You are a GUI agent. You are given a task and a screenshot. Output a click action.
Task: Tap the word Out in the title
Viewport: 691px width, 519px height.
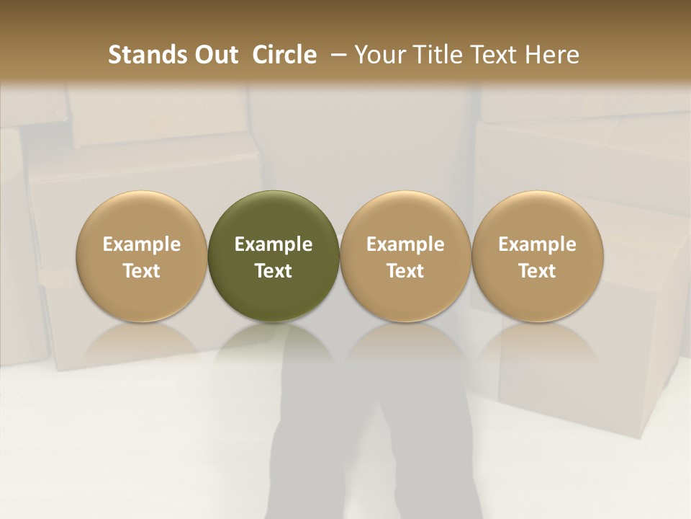(215, 55)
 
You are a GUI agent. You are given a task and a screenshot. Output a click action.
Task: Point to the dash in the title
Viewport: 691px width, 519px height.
(336, 55)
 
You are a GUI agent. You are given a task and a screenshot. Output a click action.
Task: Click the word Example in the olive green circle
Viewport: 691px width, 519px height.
(274, 244)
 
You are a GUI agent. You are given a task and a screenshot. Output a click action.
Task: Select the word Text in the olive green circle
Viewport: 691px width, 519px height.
(274, 271)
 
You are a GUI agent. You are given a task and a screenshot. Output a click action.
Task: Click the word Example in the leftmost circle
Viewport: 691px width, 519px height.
(142, 244)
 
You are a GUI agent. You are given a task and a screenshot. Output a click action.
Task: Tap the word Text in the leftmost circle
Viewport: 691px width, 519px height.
(142, 271)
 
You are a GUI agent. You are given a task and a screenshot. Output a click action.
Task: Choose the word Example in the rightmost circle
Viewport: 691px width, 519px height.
(538, 244)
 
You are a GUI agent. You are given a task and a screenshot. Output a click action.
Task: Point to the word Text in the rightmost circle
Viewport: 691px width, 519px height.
(538, 271)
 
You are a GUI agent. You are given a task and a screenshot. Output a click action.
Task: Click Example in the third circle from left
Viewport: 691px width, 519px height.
(405, 244)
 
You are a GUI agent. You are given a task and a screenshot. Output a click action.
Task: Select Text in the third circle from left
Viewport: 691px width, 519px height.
(405, 271)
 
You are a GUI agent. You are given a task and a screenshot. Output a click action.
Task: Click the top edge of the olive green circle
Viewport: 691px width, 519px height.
(274, 192)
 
